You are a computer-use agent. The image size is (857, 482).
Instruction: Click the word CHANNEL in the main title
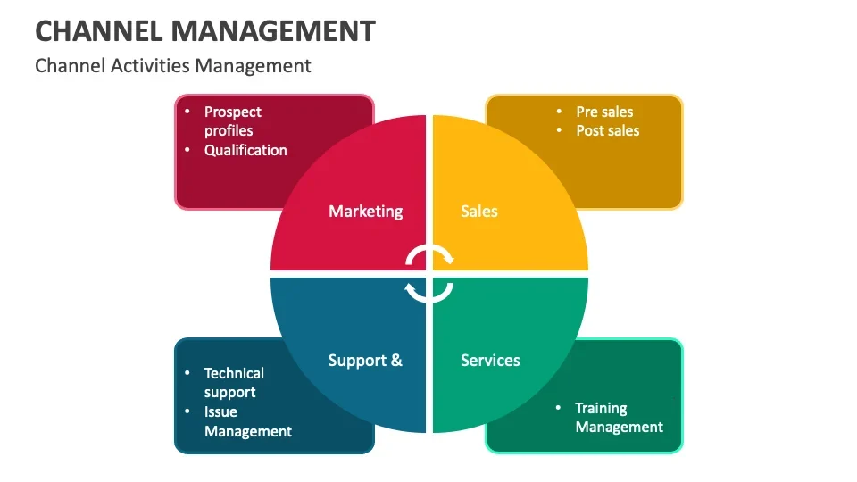tap(99, 30)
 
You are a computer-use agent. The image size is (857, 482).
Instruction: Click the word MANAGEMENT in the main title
tap(273, 30)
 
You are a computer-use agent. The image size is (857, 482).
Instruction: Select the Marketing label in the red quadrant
tap(366, 212)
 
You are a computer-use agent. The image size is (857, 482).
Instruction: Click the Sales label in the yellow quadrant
tap(479, 212)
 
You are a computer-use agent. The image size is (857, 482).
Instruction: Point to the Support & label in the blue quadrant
tap(365, 361)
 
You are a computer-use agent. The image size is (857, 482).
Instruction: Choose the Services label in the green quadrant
tap(490, 360)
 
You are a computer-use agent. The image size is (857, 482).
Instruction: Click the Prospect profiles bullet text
tap(233, 121)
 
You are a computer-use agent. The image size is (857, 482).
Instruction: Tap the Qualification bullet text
tap(245, 150)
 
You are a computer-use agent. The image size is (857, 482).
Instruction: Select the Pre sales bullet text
tap(604, 112)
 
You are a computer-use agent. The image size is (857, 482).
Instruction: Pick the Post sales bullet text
tap(608, 130)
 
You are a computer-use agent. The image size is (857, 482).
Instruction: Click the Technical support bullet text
tap(234, 383)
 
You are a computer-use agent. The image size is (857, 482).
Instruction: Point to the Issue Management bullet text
tap(248, 421)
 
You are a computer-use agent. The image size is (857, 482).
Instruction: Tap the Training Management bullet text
tap(620, 418)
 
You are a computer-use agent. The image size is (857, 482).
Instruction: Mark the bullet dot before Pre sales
tap(559, 111)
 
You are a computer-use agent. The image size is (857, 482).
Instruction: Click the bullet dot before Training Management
tap(558, 408)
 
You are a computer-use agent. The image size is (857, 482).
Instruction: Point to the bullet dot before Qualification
tap(187, 149)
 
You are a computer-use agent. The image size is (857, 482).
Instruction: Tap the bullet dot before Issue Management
tap(187, 411)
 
